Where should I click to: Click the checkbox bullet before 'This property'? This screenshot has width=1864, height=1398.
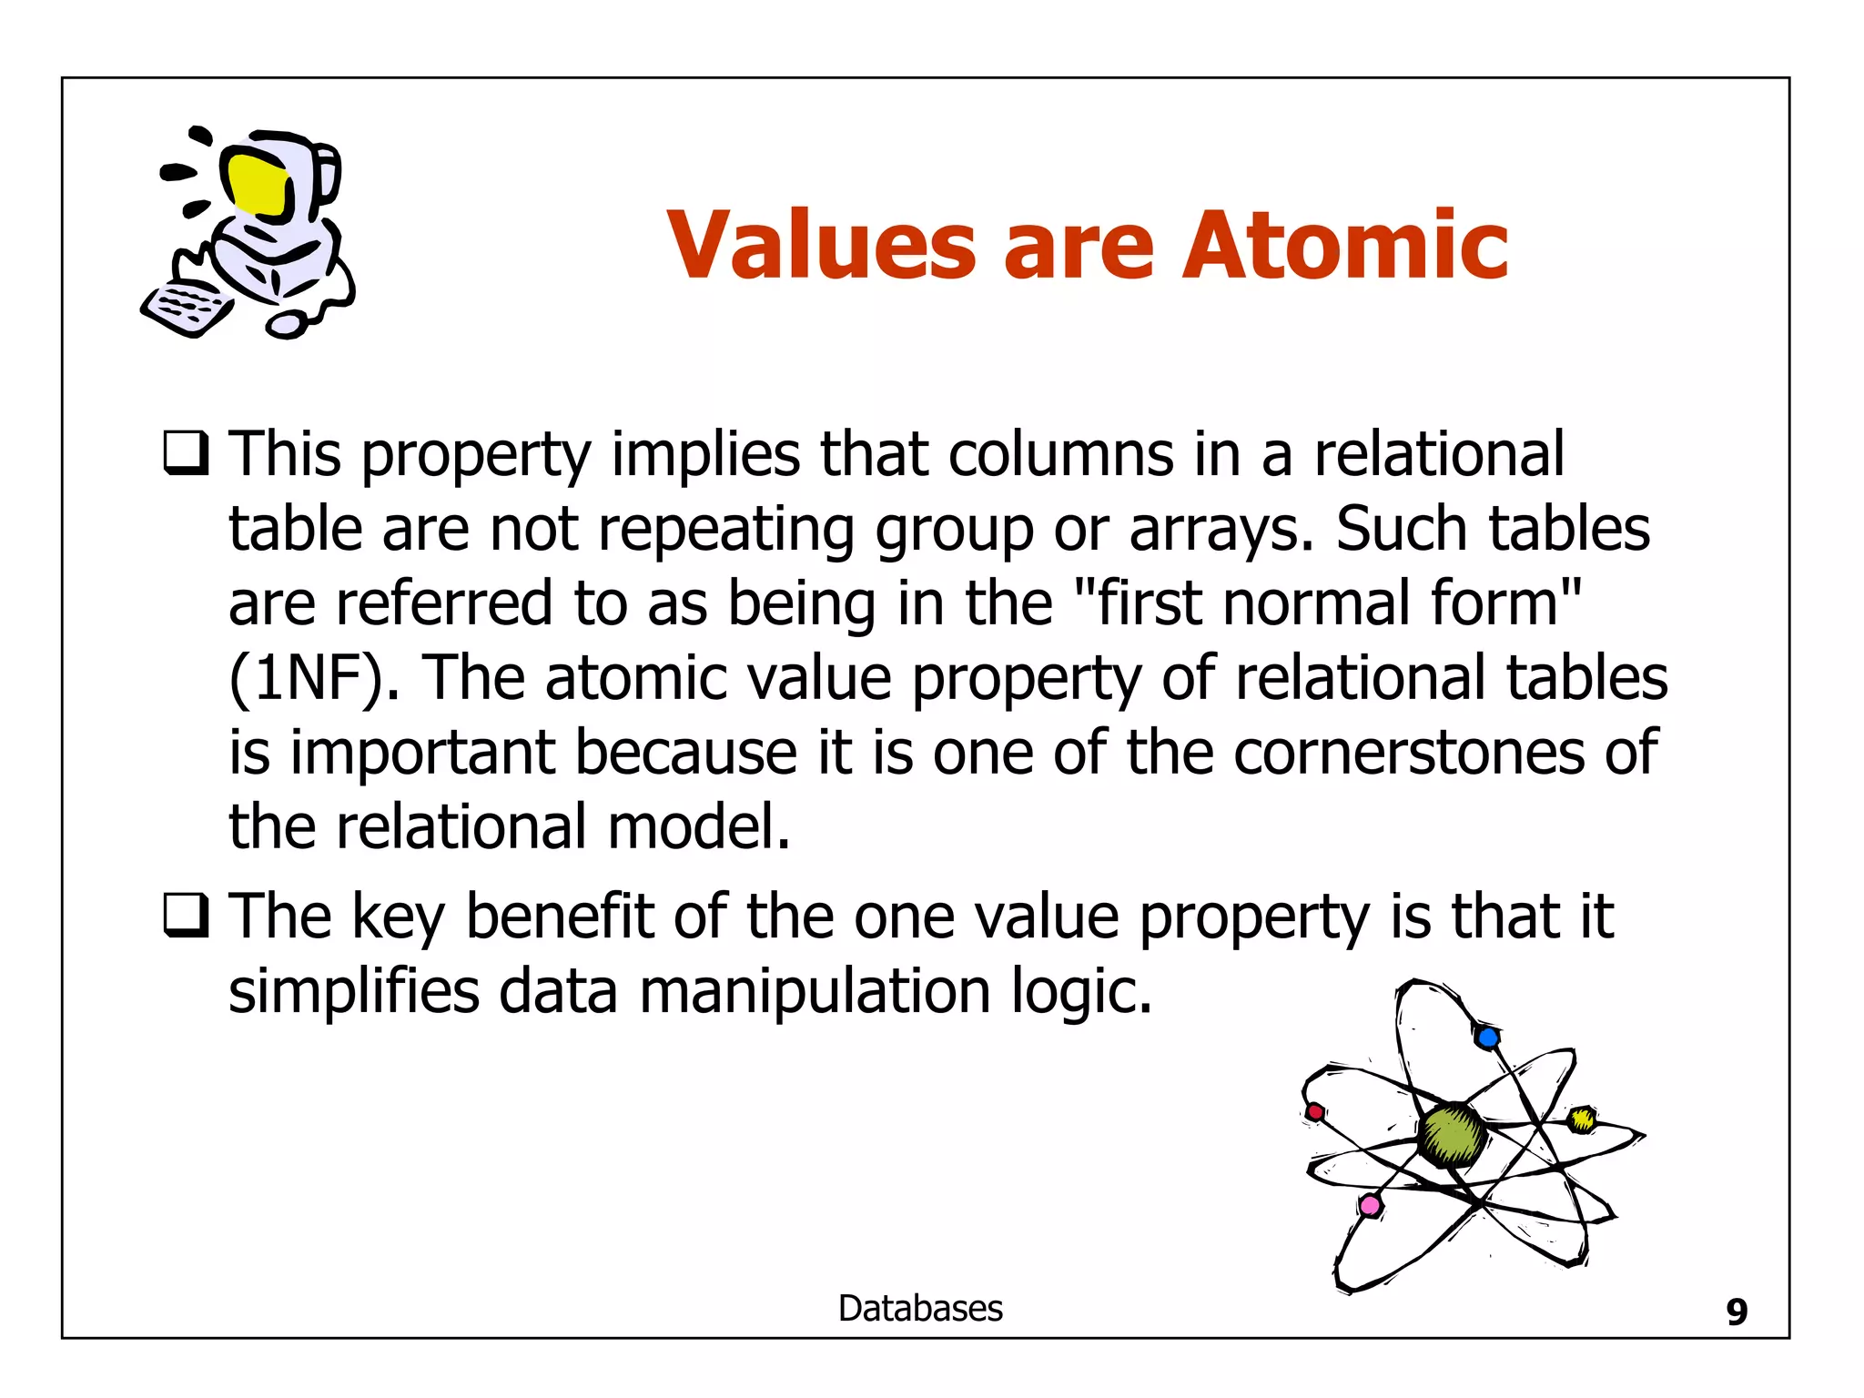186,453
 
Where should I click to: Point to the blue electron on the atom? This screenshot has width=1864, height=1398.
1487,1037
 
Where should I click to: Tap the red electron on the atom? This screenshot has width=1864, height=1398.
1314,1112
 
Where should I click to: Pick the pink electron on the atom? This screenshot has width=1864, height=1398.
1370,1207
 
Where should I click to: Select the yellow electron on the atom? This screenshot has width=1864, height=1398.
1583,1119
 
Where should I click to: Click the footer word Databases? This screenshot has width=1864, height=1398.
920,1309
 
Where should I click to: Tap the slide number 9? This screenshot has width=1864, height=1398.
1737,1312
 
